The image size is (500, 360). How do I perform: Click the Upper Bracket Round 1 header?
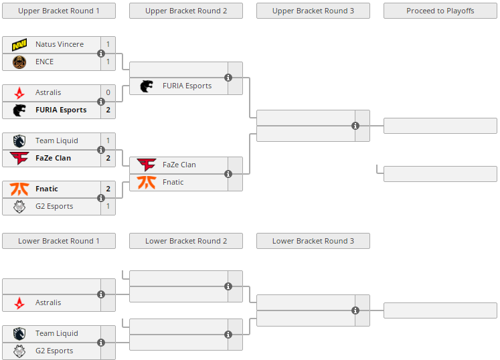click(x=59, y=11)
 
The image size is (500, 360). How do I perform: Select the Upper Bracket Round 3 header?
click(x=313, y=11)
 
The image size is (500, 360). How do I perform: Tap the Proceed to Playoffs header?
click(x=440, y=11)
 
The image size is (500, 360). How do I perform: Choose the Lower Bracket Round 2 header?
click(x=185, y=241)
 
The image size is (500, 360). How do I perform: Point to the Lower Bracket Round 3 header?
click(x=313, y=241)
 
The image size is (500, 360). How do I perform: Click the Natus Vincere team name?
click(x=60, y=44)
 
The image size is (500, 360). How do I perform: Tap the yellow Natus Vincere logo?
click(x=19, y=44)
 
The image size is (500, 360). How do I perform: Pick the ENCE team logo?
click(x=19, y=62)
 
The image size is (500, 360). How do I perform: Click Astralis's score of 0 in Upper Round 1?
click(x=108, y=92)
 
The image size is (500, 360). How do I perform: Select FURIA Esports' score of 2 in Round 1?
click(x=108, y=110)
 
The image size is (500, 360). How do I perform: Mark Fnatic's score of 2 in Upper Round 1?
click(x=108, y=189)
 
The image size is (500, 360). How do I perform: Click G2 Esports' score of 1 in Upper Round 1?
click(x=108, y=206)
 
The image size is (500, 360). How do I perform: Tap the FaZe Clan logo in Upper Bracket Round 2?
click(x=147, y=165)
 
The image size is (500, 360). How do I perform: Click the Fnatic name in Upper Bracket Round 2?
click(x=173, y=182)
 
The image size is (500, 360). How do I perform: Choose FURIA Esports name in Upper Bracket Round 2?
click(x=187, y=86)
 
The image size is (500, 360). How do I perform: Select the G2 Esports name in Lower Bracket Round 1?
click(x=54, y=351)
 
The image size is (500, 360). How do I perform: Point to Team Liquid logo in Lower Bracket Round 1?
click(x=19, y=333)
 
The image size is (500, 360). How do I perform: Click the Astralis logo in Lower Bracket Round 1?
click(x=19, y=302)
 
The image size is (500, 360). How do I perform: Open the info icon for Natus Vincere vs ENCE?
click(x=101, y=54)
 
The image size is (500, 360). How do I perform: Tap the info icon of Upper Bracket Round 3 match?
click(x=355, y=126)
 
